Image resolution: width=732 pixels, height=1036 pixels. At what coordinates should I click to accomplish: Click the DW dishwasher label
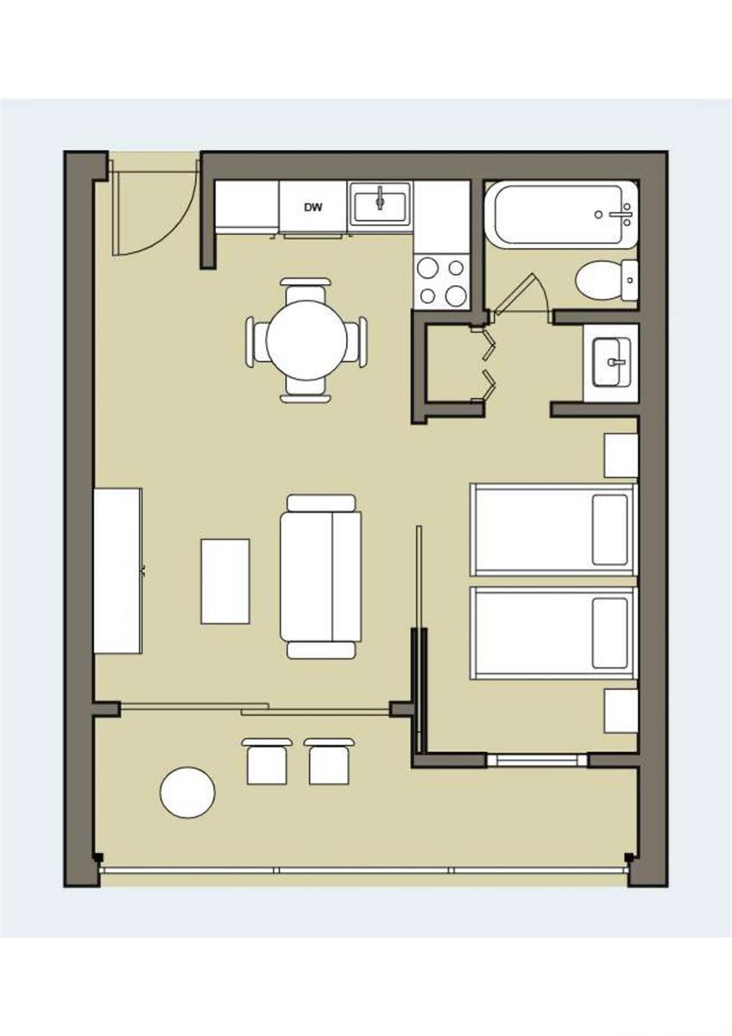(x=313, y=207)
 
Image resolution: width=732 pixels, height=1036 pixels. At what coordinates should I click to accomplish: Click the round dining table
(x=306, y=340)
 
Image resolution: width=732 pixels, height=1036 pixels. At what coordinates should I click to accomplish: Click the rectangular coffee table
(x=225, y=581)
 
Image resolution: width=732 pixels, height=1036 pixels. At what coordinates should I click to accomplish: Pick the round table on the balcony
(x=187, y=793)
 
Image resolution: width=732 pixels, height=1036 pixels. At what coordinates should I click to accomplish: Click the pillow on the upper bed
(x=610, y=530)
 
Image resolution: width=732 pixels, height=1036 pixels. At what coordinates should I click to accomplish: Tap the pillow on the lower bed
(x=610, y=633)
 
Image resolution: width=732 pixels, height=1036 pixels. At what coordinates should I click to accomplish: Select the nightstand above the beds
(x=622, y=456)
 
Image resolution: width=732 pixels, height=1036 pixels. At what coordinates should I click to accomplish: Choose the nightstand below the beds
(x=622, y=711)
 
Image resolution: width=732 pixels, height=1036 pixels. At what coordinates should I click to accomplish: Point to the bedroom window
(x=537, y=760)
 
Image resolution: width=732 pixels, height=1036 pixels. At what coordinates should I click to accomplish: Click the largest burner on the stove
(x=456, y=295)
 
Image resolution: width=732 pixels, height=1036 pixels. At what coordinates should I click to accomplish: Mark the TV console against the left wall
(x=118, y=571)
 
